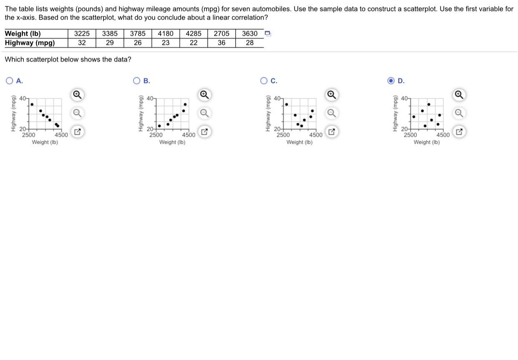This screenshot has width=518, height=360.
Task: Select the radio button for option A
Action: point(10,81)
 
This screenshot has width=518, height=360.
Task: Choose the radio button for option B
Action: point(136,81)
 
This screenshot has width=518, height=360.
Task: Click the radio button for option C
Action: point(264,81)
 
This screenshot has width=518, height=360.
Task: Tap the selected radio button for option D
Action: point(391,81)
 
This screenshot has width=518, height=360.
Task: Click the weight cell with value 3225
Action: point(82,34)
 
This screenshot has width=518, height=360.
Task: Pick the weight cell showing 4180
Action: point(166,34)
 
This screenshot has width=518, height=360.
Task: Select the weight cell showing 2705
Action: point(221,34)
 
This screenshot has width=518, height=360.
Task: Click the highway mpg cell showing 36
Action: point(221,43)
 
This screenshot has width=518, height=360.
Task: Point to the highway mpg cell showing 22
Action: point(194,43)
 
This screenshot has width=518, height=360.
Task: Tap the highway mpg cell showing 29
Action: point(110,43)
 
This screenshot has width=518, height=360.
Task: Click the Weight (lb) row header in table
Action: point(23,34)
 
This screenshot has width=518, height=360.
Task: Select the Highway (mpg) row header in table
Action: point(30,43)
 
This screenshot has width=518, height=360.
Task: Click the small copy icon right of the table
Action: point(268,33)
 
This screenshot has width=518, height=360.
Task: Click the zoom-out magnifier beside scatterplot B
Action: point(204,113)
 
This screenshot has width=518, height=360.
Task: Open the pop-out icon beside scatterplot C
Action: point(331,133)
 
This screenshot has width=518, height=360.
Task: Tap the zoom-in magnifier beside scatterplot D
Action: point(458,95)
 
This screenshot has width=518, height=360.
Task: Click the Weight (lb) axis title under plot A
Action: point(45,142)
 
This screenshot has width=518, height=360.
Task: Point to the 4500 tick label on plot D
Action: point(443,135)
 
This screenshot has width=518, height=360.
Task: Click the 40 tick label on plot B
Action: point(150,99)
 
